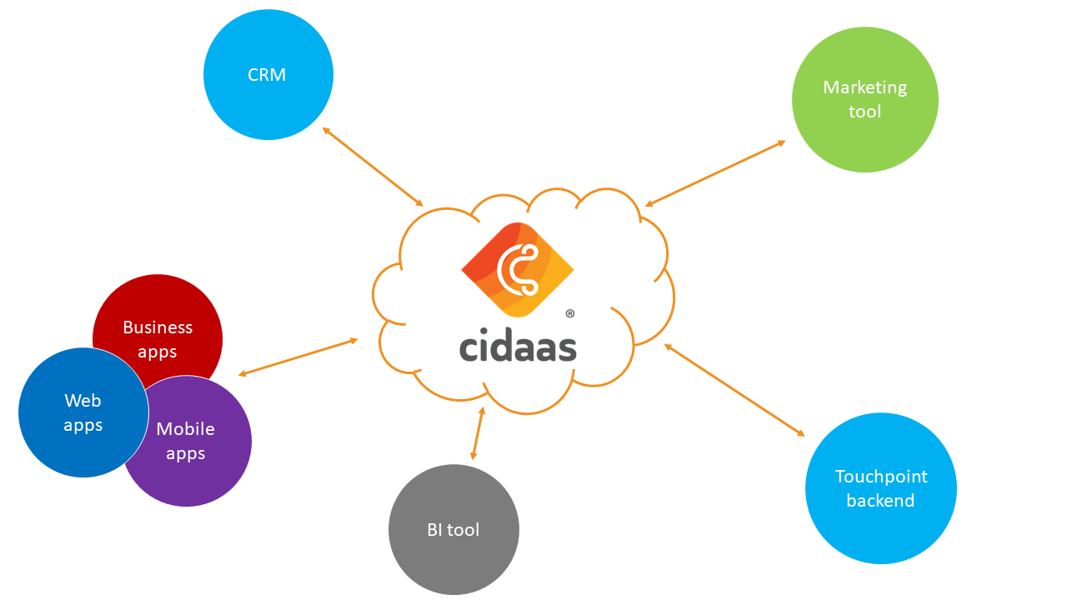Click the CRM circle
click(268, 75)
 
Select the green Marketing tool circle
click(864, 99)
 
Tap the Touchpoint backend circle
click(880, 488)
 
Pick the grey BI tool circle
click(453, 530)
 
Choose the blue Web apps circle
click(75, 417)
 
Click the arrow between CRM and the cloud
click(373, 167)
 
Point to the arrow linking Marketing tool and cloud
click(715, 172)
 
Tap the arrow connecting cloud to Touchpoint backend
click(734, 389)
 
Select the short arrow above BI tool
click(478, 433)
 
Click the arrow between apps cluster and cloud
click(298, 357)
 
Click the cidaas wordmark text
click(518, 347)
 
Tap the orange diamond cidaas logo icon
click(518, 269)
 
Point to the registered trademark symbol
click(570, 314)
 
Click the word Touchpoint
click(881, 477)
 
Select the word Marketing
click(864, 87)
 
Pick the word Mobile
click(185, 429)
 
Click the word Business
click(158, 327)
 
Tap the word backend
click(880, 501)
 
